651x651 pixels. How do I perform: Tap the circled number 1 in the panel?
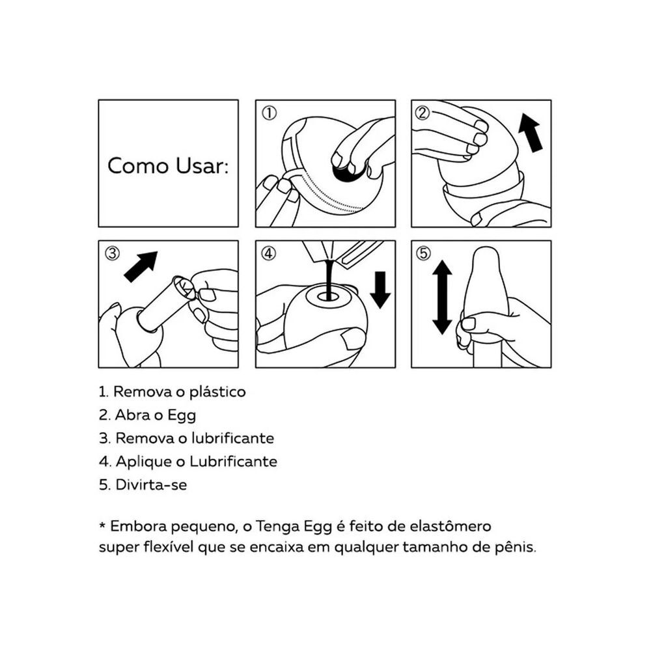point(270,113)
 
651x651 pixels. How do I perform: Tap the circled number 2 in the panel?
point(422,113)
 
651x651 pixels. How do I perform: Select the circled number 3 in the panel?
point(112,253)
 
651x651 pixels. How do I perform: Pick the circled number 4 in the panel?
point(269,253)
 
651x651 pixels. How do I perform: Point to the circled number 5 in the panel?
point(424,253)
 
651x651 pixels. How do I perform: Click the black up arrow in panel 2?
point(531,132)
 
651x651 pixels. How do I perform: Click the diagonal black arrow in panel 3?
point(141,266)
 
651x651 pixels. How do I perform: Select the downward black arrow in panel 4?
point(380,290)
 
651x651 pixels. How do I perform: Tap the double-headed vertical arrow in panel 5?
point(442,298)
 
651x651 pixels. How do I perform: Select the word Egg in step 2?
point(182,415)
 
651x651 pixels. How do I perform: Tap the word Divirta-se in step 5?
point(151,485)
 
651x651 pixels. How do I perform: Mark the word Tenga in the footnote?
point(277,527)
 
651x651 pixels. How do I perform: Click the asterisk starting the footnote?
point(102,525)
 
